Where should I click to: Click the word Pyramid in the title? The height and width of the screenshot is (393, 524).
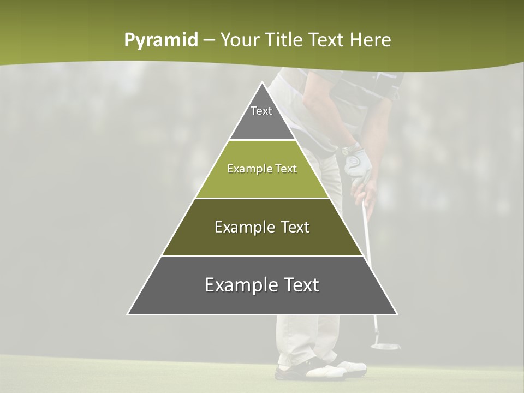[x=161, y=40]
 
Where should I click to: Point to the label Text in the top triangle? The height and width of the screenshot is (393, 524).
[x=261, y=111]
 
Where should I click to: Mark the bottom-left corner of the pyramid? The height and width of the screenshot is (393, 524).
[x=128, y=314]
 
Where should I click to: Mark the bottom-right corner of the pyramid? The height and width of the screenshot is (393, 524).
[x=397, y=314]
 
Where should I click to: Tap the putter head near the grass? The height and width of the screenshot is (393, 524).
[x=385, y=345]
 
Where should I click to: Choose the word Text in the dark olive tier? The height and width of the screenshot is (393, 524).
[x=295, y=227]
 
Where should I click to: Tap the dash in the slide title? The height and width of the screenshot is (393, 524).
[x=209, y=40]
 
